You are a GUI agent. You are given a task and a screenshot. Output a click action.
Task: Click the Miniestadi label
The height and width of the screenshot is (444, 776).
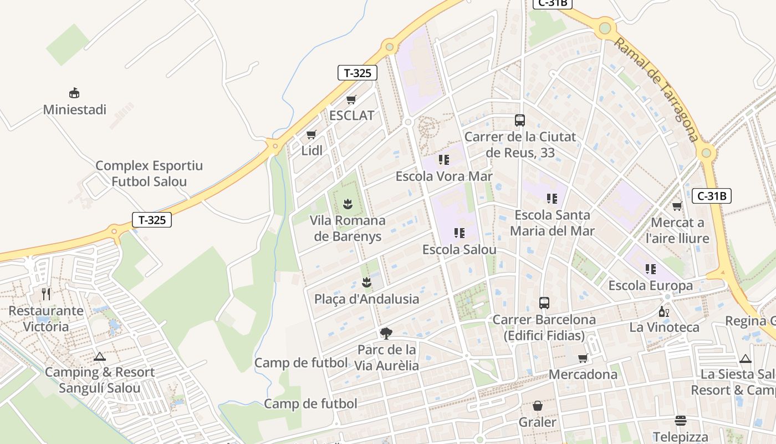coord(75,109)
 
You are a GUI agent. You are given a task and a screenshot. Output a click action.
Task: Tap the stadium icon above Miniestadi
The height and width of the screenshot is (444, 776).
coord(74,93)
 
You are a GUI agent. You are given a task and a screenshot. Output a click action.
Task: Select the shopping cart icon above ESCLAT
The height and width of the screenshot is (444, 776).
coord(351,100)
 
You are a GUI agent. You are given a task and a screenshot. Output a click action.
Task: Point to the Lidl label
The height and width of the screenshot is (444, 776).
coord(312,150)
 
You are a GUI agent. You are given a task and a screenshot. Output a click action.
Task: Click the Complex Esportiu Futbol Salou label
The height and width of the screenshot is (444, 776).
coord(149,173)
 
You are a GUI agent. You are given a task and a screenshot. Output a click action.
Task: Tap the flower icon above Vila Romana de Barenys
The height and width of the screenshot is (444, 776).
coord(348,204)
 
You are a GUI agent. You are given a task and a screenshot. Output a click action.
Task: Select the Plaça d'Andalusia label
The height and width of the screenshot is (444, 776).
coord(366,299)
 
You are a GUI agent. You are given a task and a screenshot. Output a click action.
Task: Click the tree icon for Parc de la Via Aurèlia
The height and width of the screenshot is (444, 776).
coord(386,334)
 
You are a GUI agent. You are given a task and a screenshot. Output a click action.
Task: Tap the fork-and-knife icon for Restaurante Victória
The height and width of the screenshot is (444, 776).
coord(46,294)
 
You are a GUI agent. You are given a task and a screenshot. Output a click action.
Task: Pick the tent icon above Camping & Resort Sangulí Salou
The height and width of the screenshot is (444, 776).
coord(100,356)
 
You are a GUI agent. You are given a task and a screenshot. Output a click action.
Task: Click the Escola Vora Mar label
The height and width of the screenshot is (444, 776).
coord(443,176)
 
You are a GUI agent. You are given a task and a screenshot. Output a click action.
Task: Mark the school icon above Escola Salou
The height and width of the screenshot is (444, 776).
coord(459,233)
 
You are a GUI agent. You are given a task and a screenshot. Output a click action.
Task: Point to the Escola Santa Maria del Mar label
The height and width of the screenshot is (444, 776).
coord(552,223)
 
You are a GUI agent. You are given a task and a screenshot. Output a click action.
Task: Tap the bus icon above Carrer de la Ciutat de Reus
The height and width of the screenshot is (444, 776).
coord(520,120)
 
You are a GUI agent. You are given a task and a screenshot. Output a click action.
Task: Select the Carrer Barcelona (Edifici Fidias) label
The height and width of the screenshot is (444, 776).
coord(544,327)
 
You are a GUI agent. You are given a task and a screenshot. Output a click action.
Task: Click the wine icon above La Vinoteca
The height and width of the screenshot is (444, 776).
coord(664,311)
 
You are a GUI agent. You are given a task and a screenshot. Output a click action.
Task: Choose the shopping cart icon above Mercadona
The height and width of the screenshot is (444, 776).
coord(583,359)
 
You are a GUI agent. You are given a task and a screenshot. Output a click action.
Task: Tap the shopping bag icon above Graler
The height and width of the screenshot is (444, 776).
coord(537,406)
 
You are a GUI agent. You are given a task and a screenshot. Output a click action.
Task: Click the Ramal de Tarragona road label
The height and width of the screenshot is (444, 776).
coord(656,90)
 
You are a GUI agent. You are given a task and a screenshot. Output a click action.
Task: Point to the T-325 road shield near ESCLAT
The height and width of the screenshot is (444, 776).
coord(358,73)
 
